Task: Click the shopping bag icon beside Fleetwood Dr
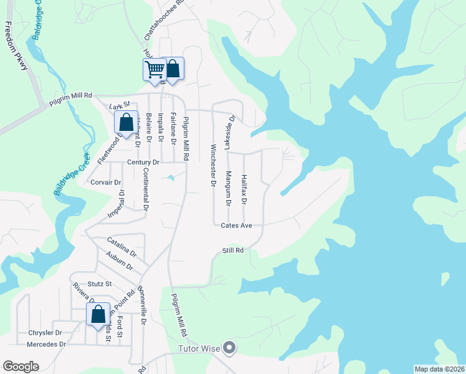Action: click(125, 122)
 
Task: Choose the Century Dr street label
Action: click(143, 162)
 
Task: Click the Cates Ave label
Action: click(236, 225)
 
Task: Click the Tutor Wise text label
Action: click(199, 348)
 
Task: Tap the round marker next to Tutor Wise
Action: click(230, 348)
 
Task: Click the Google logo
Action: click(21, 367)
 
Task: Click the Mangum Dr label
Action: click(228, 188)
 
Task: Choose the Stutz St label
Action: click(100, 284)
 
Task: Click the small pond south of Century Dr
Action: click(171, 179)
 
